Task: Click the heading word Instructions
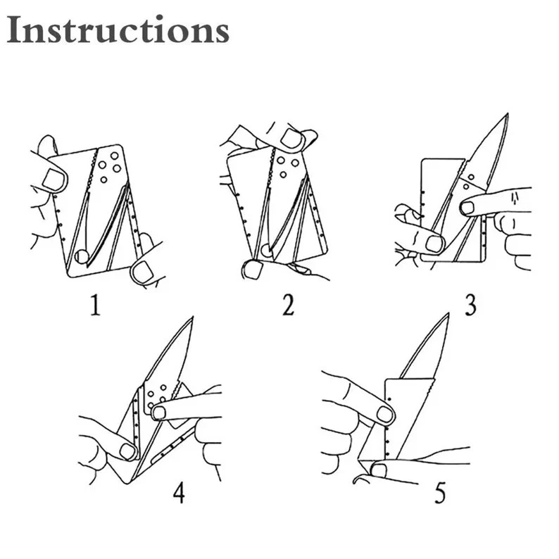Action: [118, 30]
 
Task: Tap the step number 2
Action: [287, 306]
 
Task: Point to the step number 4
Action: [179, 493]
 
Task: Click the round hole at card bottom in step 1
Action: [83, 256]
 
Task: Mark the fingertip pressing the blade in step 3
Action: [467, 208]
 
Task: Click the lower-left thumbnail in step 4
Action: [127, 451]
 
